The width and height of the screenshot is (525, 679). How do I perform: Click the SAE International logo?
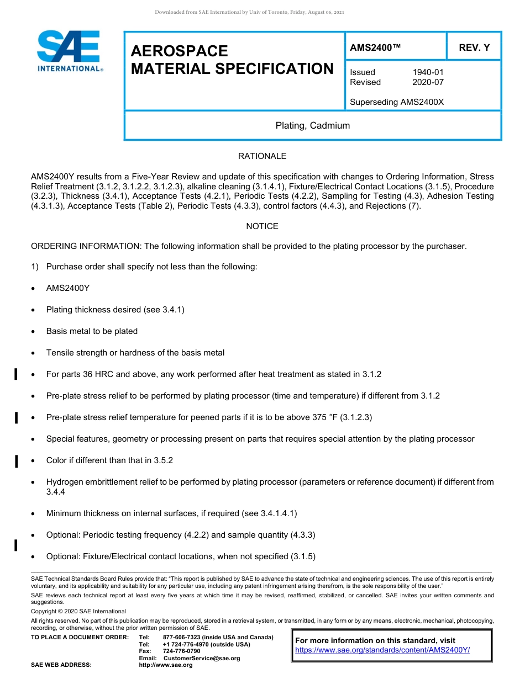click(69, 51)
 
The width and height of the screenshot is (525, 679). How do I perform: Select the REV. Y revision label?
click(474, 47)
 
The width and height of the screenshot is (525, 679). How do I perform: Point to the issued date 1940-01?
click(428, 72)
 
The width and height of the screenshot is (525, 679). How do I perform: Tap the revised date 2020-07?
click(428, 82)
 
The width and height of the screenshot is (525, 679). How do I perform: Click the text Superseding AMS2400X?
click(397, 102)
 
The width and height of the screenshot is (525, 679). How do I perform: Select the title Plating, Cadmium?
click(313, 125)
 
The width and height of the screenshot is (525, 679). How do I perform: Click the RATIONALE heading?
click(262, 156)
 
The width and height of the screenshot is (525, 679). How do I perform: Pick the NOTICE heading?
click(262, 226)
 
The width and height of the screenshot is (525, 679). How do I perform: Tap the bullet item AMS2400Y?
click(68, 288)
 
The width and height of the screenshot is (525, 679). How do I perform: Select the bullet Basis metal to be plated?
click(92, 331)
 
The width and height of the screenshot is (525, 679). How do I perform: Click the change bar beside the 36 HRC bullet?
click(16, 375)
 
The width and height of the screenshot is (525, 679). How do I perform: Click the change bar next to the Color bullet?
click(16, 461)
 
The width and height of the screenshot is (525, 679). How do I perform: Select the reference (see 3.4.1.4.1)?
click(269, 513)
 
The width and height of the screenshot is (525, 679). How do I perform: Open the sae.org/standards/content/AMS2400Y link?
click(382, 650)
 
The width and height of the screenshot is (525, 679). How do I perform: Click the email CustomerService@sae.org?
click(202, 658)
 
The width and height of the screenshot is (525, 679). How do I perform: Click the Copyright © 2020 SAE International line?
click(78, 611)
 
